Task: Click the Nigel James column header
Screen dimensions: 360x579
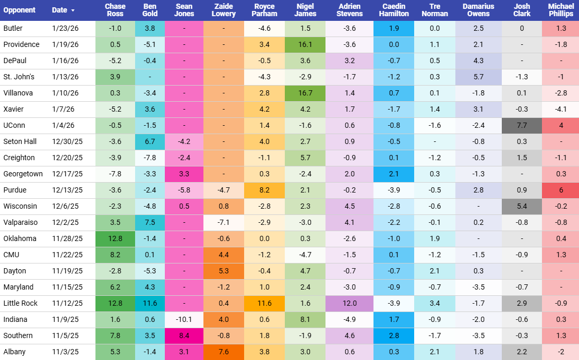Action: pos(306,10)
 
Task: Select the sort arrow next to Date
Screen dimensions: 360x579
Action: pos(73,10)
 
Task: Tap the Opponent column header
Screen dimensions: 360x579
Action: pos(19,10)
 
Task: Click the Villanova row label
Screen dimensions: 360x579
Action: pos(17,93)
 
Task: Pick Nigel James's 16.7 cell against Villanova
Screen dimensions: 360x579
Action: pos(306,93)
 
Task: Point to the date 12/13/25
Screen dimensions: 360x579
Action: pos(67,190)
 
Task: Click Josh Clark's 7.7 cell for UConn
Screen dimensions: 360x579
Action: pos(522,125)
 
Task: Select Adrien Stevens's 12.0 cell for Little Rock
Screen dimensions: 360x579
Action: pos(349,303)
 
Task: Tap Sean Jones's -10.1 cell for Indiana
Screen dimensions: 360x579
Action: pos(184,319)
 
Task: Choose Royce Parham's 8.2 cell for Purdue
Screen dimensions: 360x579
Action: pos(264,190)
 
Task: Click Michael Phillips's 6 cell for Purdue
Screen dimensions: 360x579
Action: pos(561,190)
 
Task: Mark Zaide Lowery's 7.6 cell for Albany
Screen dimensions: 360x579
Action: pos(224,352)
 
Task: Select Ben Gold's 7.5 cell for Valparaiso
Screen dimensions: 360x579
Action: pos(150,222)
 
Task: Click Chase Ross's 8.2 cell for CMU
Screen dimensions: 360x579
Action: pos(115,255)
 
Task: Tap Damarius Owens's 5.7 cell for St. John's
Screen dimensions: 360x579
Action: pos(478,77)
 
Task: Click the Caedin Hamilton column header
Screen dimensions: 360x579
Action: pos(394,10)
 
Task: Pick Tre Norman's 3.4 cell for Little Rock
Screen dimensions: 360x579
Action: pos(435,303)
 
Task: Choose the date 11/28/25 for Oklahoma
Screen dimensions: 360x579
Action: pos(67,238)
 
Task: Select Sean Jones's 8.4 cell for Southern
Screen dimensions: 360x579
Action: pos(184,335)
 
